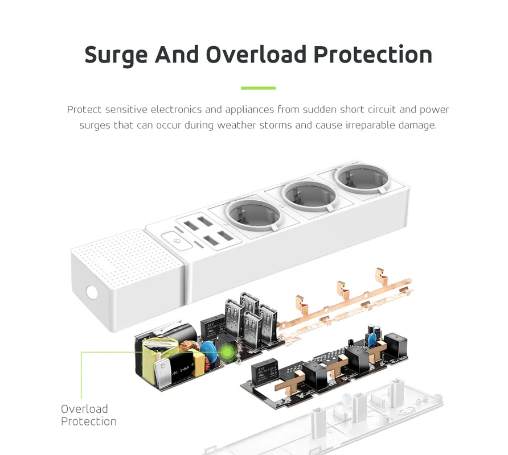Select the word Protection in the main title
(x=373, y=55)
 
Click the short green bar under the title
(x=258, y=88)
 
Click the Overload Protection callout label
(x=88, y=415)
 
